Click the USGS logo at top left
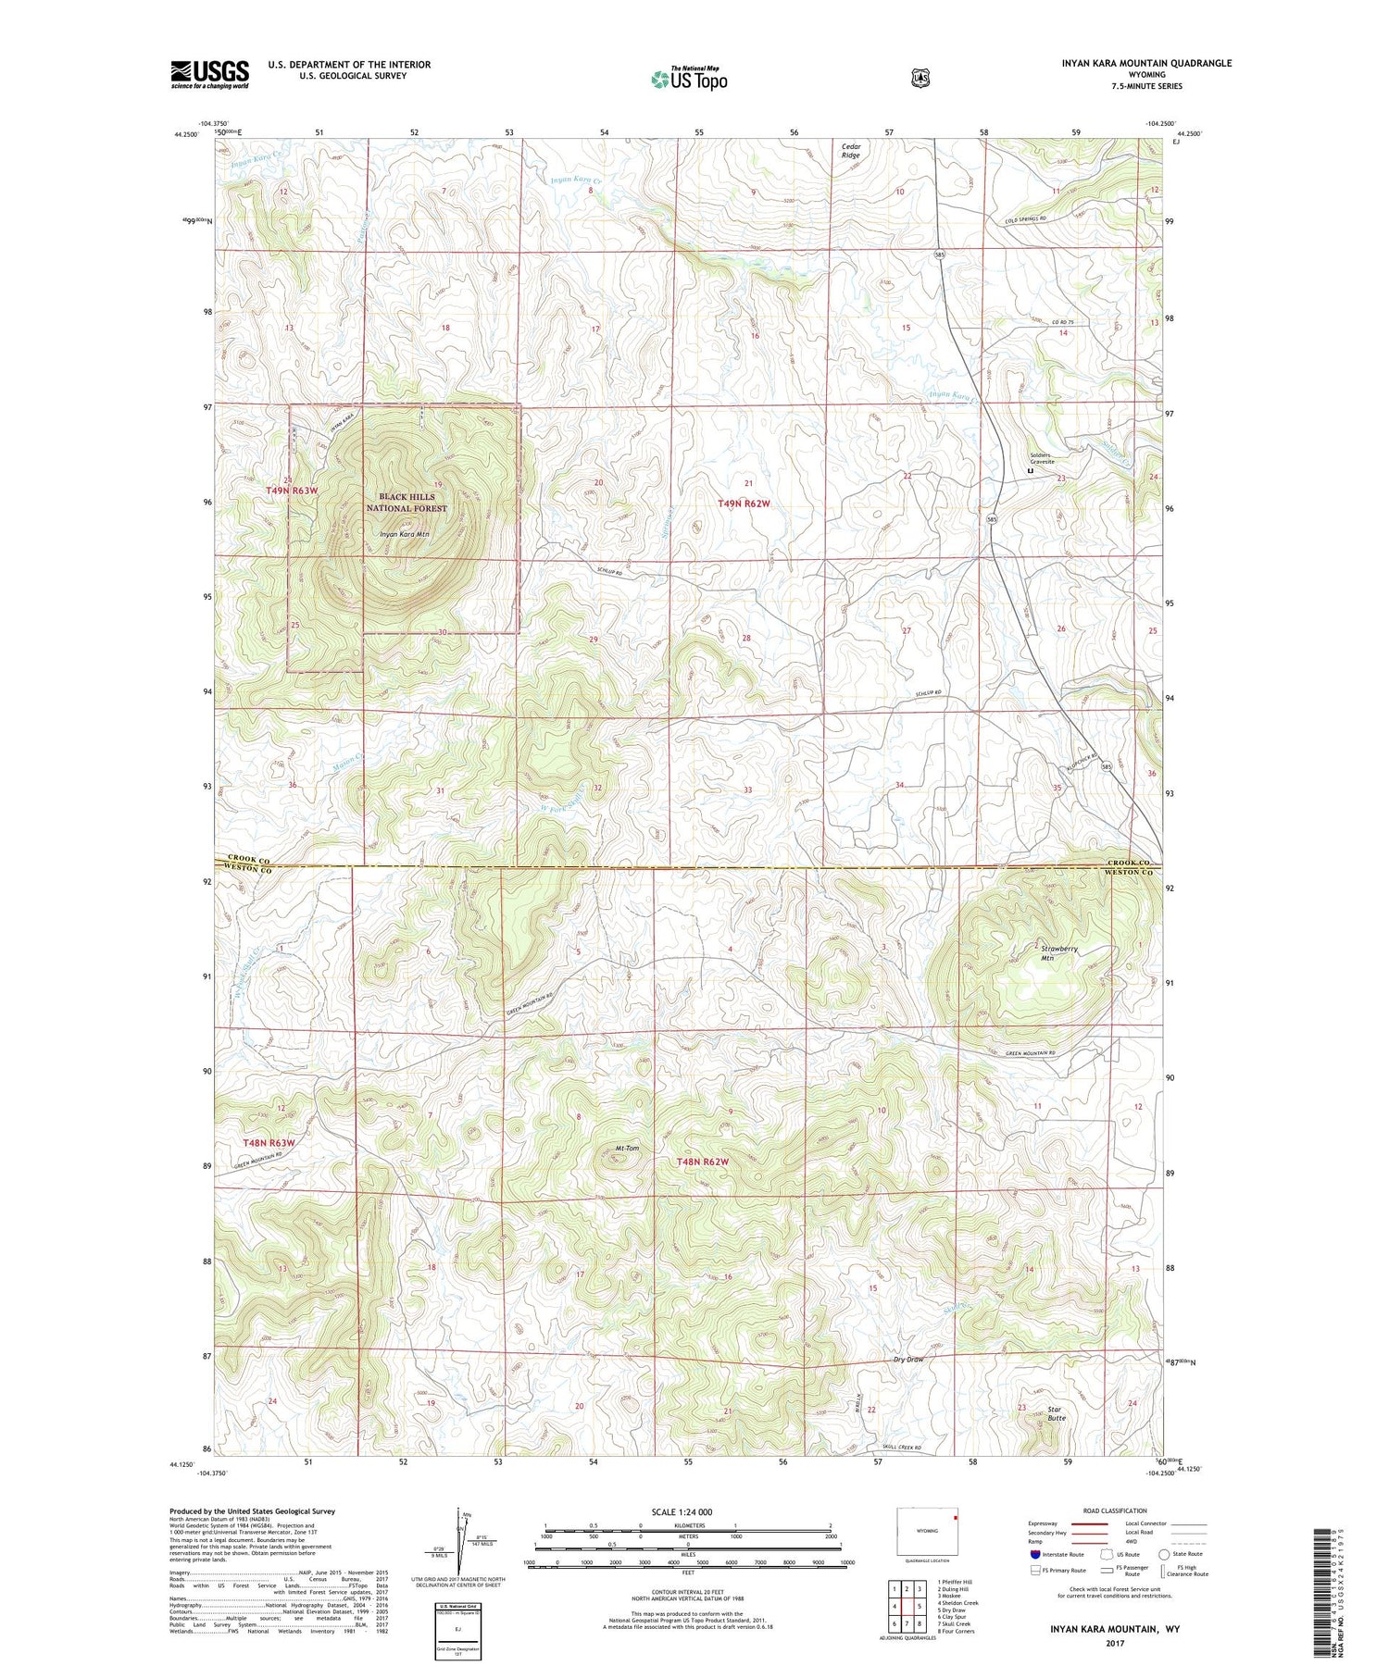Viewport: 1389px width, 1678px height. pos(209,74)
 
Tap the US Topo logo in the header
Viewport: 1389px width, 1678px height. pos(689,79)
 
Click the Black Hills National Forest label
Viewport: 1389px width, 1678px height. pos(407,503)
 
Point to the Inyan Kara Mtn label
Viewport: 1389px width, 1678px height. pos(405,534)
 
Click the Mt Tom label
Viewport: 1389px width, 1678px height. pos(627,1149)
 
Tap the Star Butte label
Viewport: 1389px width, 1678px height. pos(1056,1414)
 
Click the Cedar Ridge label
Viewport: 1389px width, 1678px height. pos(850,151)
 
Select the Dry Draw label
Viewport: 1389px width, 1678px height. pos(908,1360)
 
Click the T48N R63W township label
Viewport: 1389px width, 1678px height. pos(269,1143)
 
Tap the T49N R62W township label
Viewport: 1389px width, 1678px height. pos(744,503)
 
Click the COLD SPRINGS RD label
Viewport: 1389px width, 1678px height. pos(1030,220)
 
